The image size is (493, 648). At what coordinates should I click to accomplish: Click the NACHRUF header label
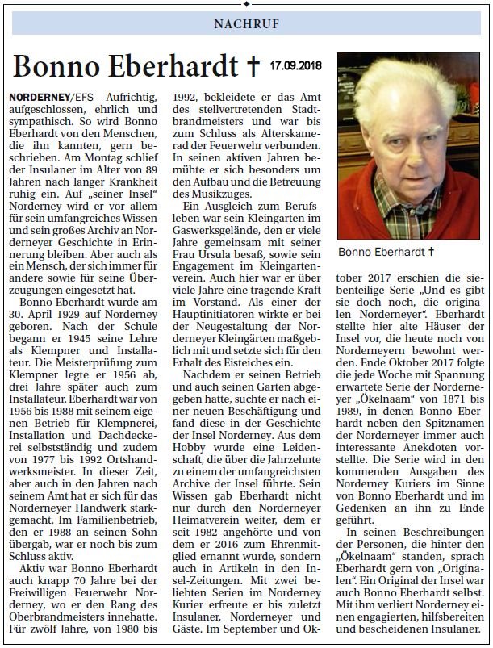(247, 23)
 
